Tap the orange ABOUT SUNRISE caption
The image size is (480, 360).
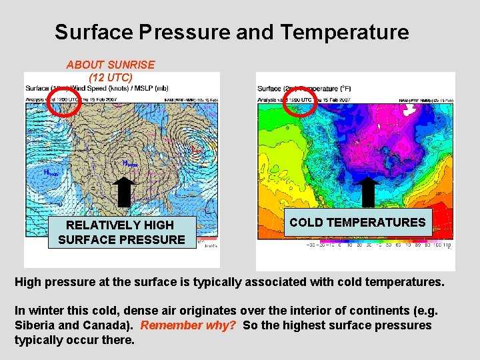pyautogui.click(x=111, y=65)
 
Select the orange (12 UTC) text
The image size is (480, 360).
pyautogui.click(x=111, y=77)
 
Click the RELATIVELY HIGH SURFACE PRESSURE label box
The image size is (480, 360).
pyautogui.click(x=121, y=232)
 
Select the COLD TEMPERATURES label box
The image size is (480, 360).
pyautogui.click(x=357, y=223)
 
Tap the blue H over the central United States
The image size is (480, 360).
pyautogui.click(x=125, y=163)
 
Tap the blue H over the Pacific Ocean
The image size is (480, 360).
pyautogui.click(x=47, y=172)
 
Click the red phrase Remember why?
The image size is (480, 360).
pyautogui.click(x=189, y=325)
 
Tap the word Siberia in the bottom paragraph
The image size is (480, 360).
pyautogui.click(x=34, y=325)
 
